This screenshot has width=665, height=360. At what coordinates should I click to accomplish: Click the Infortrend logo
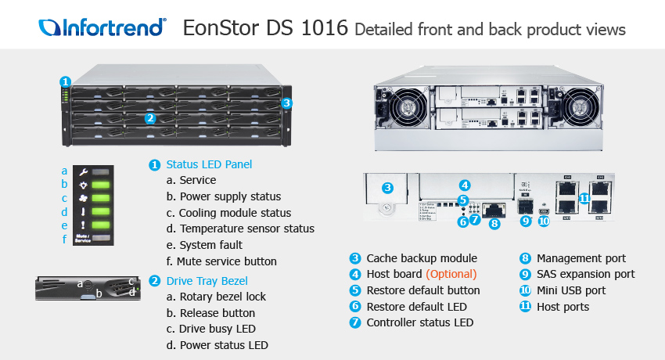(102, 28)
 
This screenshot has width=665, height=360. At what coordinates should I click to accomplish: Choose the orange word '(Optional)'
(451, 274)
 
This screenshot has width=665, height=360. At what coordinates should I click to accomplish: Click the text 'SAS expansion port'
(585, 274)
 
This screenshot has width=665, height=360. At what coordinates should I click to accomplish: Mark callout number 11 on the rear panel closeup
(584, 199)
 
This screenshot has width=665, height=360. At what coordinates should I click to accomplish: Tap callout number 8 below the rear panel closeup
(494, 224)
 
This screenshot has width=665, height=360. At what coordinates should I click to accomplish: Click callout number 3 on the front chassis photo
(287, 102)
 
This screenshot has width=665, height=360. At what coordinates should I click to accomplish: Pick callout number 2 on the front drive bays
(150, 118)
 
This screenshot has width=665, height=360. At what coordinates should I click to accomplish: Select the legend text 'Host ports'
(563, 307)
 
